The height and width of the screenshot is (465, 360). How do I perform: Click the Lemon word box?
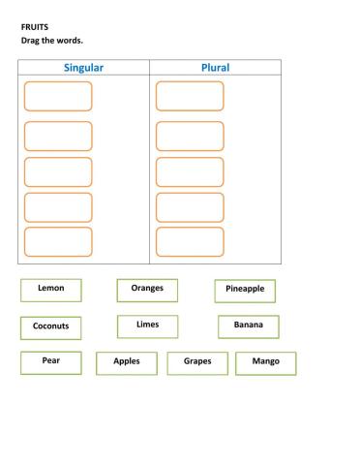click(50, 290)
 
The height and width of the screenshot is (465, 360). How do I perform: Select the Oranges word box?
click(147, 290)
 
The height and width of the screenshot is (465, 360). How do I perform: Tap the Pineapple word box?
click(245, 291)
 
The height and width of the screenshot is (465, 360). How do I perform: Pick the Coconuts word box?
click(50, 327)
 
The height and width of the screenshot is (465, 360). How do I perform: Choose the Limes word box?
click(147, 325)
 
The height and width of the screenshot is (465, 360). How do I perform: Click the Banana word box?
click(248, 326)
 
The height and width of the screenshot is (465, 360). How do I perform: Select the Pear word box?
click(50, 362)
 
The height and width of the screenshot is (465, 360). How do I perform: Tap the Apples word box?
click(127, 362)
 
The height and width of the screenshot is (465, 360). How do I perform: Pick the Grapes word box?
click(197, 362)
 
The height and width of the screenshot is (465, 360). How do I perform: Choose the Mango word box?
click(265, 362)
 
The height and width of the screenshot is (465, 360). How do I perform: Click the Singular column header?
click(83, 68)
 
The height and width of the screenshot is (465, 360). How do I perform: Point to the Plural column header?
click(215, 68)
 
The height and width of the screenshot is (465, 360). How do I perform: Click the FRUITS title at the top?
click(34, 29)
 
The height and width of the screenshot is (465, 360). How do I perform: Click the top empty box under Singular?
click(58, 97)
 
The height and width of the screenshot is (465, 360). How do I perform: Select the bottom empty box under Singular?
click(58, 241)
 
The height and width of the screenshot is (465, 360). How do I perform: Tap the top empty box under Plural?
click(190, 96)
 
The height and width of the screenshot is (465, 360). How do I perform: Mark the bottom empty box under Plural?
click(190, 241)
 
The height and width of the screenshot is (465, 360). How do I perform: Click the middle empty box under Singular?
click(58, 171)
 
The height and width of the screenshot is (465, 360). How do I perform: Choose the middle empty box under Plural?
click(190, 171)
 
